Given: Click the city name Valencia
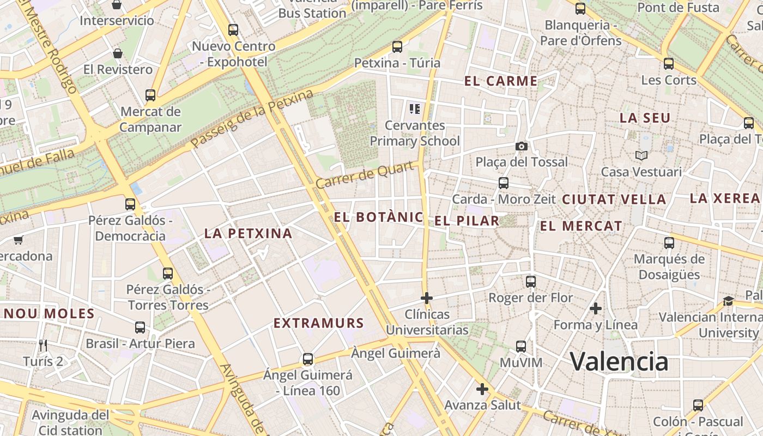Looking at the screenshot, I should pyautogui.click(x=619, y=361).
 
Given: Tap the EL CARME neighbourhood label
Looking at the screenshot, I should pyautogui.click(x=501, y=82).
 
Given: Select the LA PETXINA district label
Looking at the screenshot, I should pyautogui.click(x=248, y=234).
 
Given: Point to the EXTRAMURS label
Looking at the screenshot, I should pyautogui.click(x=318, y=323).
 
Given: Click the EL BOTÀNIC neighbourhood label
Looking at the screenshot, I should pyautogui.click(x=378, y=217).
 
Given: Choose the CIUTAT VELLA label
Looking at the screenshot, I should pyautogui.click(x=614, y=199).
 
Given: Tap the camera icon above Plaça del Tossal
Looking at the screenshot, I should pyautogui.click(x=522, y=146).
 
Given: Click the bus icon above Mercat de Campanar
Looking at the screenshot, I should pyautogui.click(x=150, y=95).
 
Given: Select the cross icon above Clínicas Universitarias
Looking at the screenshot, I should pyautogui.click(x=427, y=298).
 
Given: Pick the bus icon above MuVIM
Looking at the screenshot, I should pyautogui.click(x=521, y=346).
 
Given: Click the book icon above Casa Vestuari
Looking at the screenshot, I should pyautogui.click(x=641, y=155).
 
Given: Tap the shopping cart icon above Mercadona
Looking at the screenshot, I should pyautogui.click(x=18, y=240).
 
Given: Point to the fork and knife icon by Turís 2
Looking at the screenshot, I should pyautogui.click(x=44, y=345).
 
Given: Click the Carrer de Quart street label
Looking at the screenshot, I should pyautogui.click(x=365, y=175).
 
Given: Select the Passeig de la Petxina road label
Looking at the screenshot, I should pyautogui.click(x=252, y=119).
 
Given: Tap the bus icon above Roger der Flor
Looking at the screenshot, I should pyautogui.click(x=531, y=282).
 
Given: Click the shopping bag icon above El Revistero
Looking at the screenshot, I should pyautogui.click(x=117, y=53).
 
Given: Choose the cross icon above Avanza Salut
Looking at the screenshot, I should pyautogui.click(x=482, y=389).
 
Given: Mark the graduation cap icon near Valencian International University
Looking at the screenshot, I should pyautogui.click(x=728, y=301).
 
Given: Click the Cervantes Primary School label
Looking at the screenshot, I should pyautogui.click(x=415, y=134).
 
